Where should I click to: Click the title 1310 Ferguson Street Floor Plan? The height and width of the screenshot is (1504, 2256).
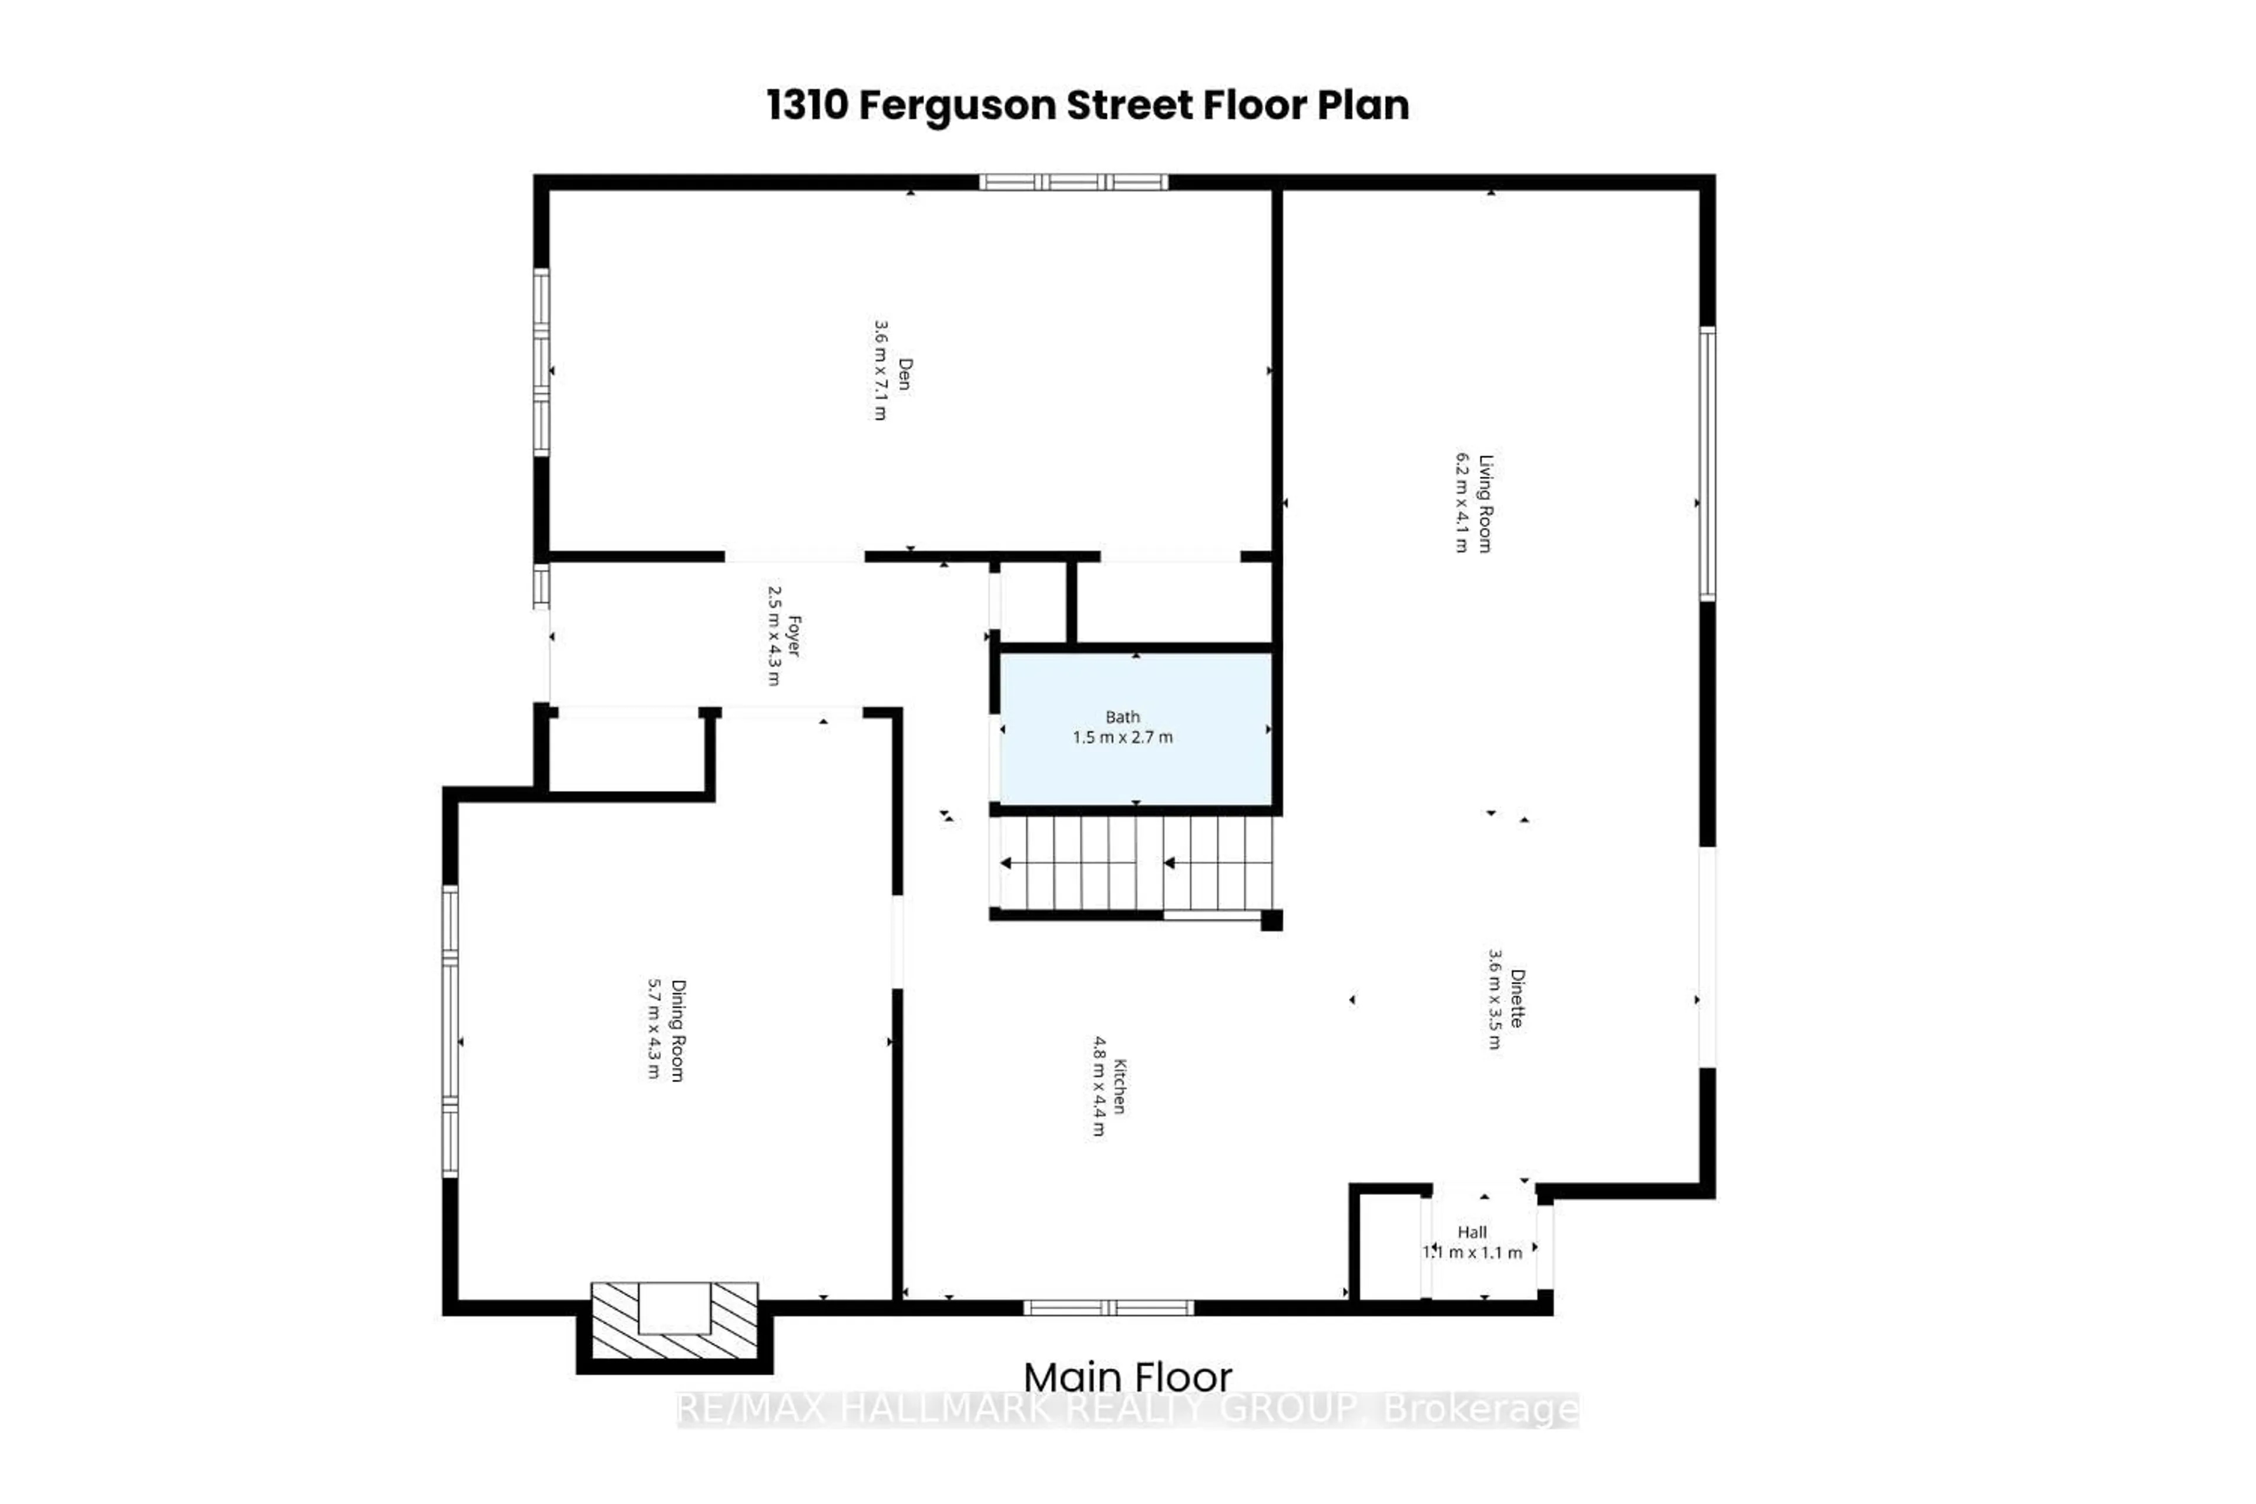(1087, 106)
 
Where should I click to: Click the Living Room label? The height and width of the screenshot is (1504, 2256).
(1485, 503)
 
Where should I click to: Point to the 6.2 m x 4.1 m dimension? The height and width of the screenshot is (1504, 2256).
(1461, 503)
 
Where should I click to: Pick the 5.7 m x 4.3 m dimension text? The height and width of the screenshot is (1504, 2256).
(653, 1028)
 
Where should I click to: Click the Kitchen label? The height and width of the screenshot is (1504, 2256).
(1119, 1086)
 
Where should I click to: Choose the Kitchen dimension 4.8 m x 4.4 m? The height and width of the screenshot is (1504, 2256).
(1098, 1086)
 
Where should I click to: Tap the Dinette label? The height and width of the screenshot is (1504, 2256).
(1516, 998)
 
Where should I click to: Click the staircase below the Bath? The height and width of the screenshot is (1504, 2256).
(1136, 862)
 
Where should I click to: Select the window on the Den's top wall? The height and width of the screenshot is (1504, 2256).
(1073, 182)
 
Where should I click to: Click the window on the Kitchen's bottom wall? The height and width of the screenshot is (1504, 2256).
(1108, 1307)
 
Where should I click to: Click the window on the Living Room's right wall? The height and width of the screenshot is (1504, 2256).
(1707, 464)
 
